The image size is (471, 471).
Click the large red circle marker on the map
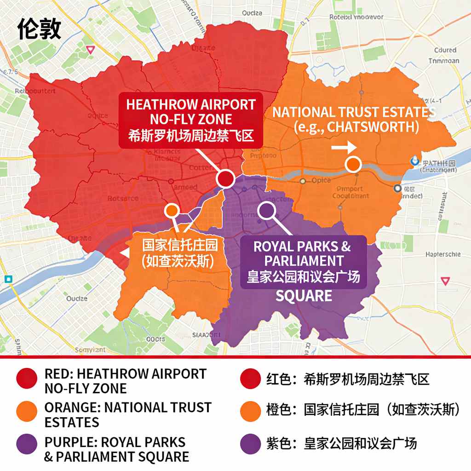(225, 178)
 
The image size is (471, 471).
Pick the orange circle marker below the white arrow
(353, 164)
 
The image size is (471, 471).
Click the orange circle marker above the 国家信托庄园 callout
(172, 211)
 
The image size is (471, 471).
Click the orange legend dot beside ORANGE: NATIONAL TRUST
(27, 411)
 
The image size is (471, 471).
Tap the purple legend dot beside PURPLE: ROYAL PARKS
(27, 444)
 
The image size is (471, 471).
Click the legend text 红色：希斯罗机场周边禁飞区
(348, 380)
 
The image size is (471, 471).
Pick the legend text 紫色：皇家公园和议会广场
(342, 444)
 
